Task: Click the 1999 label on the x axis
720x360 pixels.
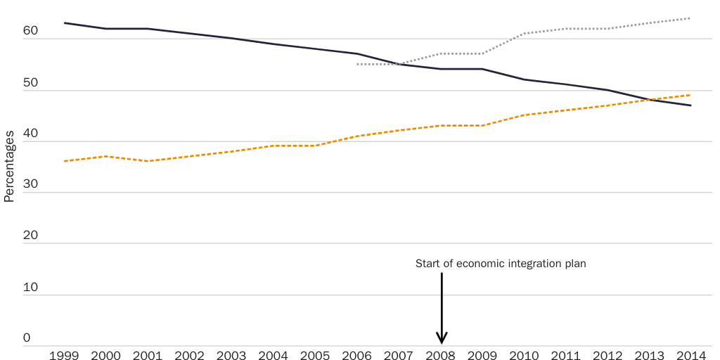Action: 64,356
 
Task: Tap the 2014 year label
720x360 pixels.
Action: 692,356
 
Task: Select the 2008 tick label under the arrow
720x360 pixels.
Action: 441,356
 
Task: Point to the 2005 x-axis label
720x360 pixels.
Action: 315,356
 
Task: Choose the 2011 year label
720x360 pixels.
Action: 566,356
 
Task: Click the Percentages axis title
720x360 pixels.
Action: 9,167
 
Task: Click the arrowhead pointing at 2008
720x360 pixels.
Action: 442,338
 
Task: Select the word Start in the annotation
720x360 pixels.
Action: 427,264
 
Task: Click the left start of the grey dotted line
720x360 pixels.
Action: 358,64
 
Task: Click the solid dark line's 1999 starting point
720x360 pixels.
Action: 64,23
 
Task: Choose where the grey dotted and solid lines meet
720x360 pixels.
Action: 399,64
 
